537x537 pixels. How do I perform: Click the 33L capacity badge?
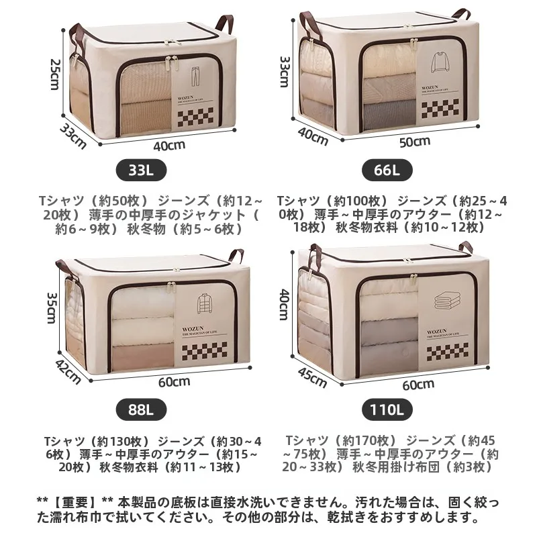pyautogui.click(x=142, y=170)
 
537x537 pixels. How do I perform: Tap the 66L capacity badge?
pyautogui.click(x=387, y=170)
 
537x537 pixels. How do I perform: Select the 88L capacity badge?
pyautogui.click(x=142, y=409)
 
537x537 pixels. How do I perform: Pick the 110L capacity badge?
pyautogui.click(x=387, y=409)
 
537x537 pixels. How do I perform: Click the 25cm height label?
pyautogui.click(x=55, y=75)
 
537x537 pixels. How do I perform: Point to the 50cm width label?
pyautogui.click(x=415, y=142)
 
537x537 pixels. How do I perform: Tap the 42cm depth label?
pyautogui.click(x=68, y=372)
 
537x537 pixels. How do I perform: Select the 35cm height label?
pyautogui.click(x=51, y=307)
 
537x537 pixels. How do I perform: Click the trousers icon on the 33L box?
pyautogui.click(x=195, y=77)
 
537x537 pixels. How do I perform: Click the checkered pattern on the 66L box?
pyautogui.click(x=440, y=109)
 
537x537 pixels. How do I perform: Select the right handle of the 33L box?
pyautogui.click(x=224, y=23)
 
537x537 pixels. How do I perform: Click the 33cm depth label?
pyautogui.click(x=73, y=136)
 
